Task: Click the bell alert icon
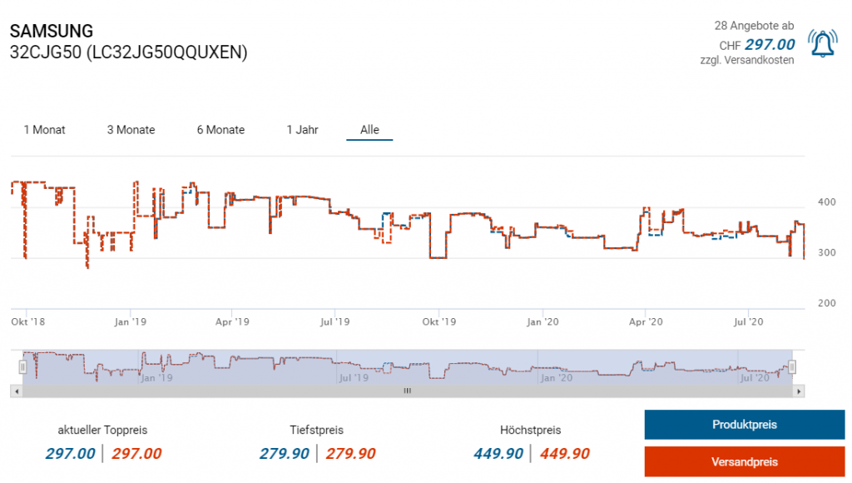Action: pyautogui.click(x=824, y=43)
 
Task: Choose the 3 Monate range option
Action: pyautogui.click(x=131, y=130)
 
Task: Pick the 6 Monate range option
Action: pyautogui.click(x=220, y=130)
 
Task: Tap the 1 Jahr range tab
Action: pyautogui.click(x=302, y=130)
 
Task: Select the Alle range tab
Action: pyautogui.click(x=369, y=130)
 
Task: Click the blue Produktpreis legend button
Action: pyautogui.click(x=744, y=425)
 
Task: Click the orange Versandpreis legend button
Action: pyautogui.click(x=744, y=461)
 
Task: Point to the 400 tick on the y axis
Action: pyautogui.click(x=826, y=202)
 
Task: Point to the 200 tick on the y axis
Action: pyautogui.click(x=826, y=303)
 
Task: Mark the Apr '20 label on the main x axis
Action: pyautogui.click(x=646, y=321)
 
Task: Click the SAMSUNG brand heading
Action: pyautogui.click(x=52, y=32)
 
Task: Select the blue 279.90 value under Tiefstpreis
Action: pyautogui.click(x=285, y=454)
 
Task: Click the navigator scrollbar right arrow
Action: pyautogui.click(x=799, y=391)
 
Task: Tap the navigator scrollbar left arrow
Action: pyautogui.click(x=16, y=391)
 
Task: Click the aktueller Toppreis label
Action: pyautogui.click(x=102, y=431)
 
